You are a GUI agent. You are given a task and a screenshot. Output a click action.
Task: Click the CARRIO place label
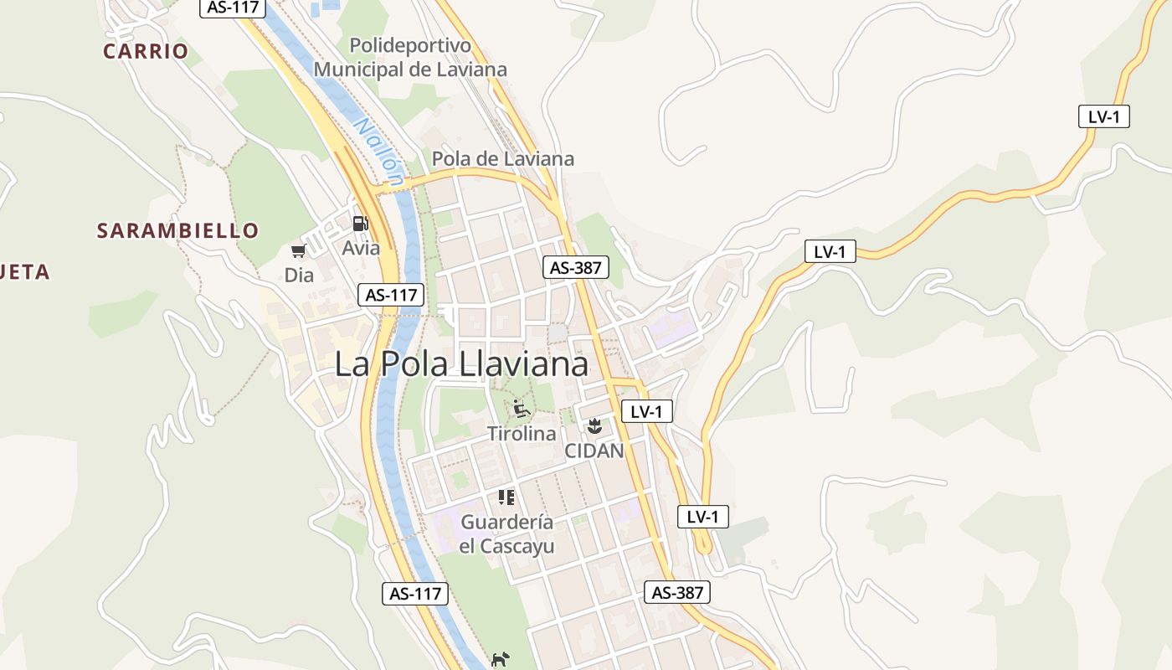point(146,51)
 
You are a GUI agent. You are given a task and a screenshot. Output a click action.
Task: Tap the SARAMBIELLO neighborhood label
point(177,230)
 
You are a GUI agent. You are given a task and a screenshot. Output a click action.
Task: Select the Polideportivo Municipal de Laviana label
point(410,57)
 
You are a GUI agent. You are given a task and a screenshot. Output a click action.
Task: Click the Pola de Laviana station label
point(502,159)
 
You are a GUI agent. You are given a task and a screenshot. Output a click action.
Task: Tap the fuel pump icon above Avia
point(360,224)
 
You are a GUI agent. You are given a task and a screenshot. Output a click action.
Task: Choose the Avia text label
point(361,248)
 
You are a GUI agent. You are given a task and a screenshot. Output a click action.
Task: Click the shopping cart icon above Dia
point(298,250)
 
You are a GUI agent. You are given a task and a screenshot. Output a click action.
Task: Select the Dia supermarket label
point(299,275)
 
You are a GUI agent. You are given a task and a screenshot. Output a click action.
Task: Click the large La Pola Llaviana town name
point(461,364)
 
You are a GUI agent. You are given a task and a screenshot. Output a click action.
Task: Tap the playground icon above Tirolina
point(522,410)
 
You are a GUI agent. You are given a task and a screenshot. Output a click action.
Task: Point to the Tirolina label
point(522,434)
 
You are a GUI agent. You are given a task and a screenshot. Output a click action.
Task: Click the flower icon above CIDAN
point(594,426)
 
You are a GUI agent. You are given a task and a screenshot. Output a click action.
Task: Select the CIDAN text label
point(594,451)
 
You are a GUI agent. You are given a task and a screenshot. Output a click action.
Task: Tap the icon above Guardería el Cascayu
point(506,497)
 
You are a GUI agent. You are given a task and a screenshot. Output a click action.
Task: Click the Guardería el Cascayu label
point(506,533)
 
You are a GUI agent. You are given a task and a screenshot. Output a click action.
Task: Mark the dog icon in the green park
point(500,659)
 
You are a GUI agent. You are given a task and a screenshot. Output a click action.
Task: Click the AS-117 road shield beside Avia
point(391,295)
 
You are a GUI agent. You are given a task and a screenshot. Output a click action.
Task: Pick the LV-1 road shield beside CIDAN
point(647,411)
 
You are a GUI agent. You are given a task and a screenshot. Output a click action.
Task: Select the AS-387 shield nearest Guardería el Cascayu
point(677,592)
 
